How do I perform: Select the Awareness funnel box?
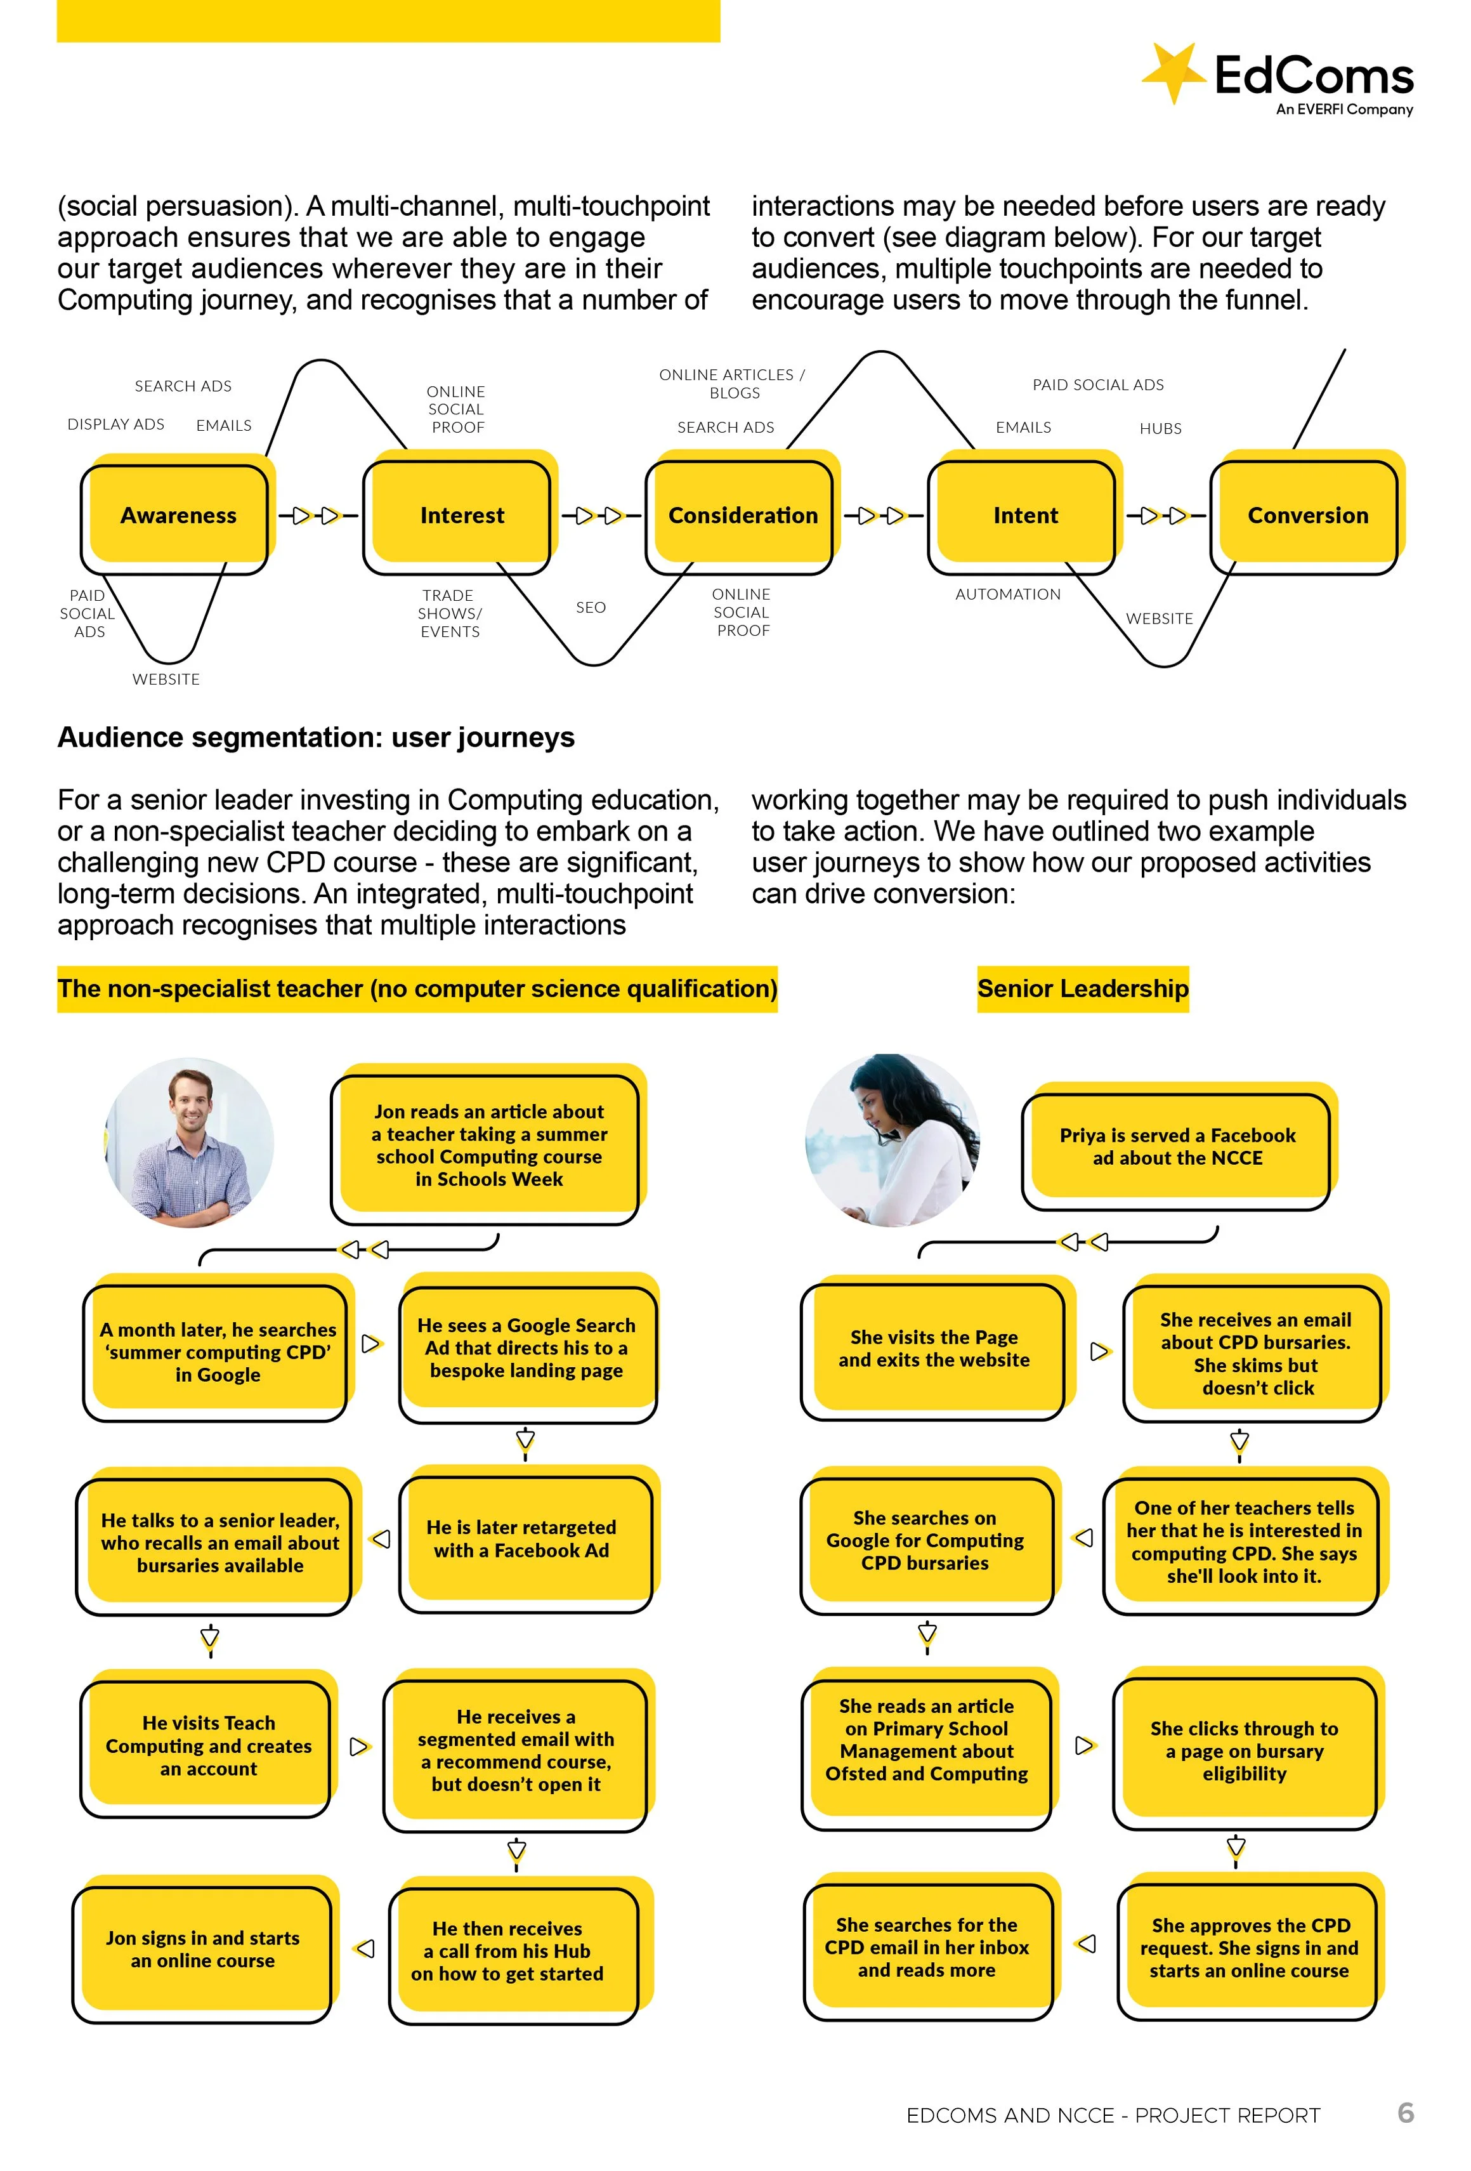[x=178, y=516]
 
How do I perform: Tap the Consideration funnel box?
[x=743, y=516]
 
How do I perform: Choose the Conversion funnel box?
[x=1307, y=516]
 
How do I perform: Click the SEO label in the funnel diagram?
[x=591, y=607]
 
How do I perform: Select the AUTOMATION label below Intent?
[x=1008, y=594]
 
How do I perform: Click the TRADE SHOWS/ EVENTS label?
[x=449, y=613]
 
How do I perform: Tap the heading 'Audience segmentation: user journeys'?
[x=316, y=737]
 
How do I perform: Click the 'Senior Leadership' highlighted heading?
[x=1082, y=988]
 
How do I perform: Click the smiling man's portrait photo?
[x=190, y=1141]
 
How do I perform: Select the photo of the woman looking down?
[x=892, y=1139]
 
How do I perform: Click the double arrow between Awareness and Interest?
[x=315, y=516]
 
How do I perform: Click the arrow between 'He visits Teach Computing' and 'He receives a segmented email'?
[x=358, y=1747]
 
